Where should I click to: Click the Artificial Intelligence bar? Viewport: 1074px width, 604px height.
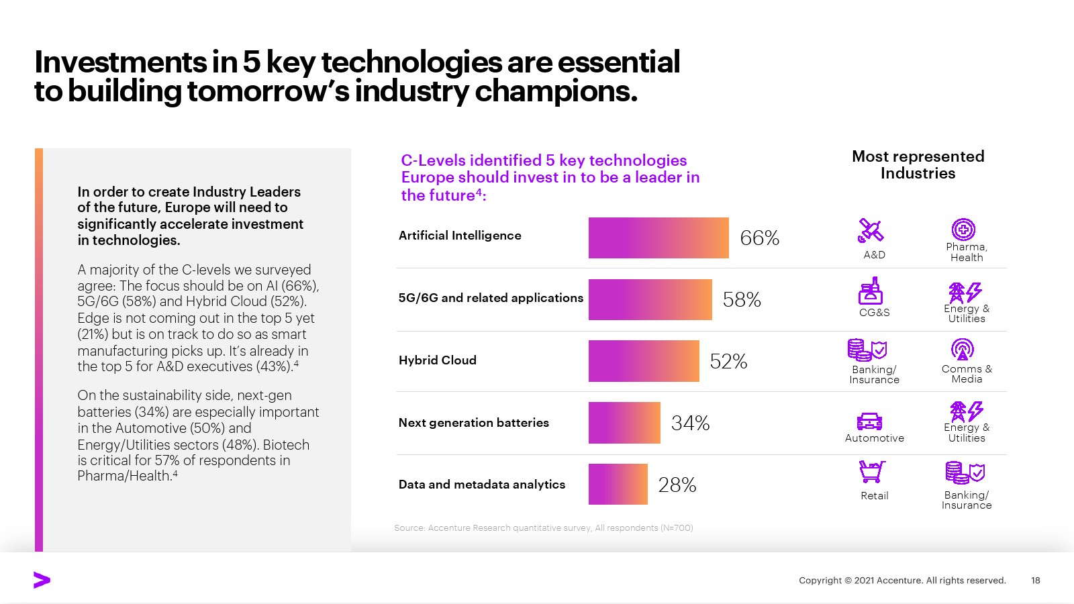[x=658, y=238]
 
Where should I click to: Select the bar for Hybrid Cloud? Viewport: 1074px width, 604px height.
[x=644, y=361]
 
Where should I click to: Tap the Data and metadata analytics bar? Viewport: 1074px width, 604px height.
[x=618, y=485]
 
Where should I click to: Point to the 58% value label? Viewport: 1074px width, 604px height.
[x=742, y=299]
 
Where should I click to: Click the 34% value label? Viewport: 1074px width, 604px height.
[x=690, y=423]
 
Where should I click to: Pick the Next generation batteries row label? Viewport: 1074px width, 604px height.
[x=473, y=423]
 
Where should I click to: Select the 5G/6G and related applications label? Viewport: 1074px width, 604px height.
[x=491, y=298]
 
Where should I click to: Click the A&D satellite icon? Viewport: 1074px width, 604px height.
[x=871, y=231]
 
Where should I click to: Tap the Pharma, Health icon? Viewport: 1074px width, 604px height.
[x=963, y=230]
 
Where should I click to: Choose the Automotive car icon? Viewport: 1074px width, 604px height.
[x=869, y=421]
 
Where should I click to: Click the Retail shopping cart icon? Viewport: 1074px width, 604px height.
[x=872, y=472]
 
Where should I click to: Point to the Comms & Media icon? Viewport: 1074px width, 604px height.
[x=963, y=349]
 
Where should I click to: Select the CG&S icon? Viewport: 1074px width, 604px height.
[x=871, y=291]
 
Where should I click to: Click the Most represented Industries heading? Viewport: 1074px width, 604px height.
[x=918, y=164]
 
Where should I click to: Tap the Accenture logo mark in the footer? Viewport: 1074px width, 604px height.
[x=42, y=581]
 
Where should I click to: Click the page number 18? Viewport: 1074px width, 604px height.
[x=1035, y=581]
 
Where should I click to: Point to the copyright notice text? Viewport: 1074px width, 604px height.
[x=901, y=581]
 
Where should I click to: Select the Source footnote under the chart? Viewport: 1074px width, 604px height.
[x=543, y=528]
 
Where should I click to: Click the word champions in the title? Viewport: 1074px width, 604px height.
[x=556, y=91]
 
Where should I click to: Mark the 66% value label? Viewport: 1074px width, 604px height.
[x=759, y=238]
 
